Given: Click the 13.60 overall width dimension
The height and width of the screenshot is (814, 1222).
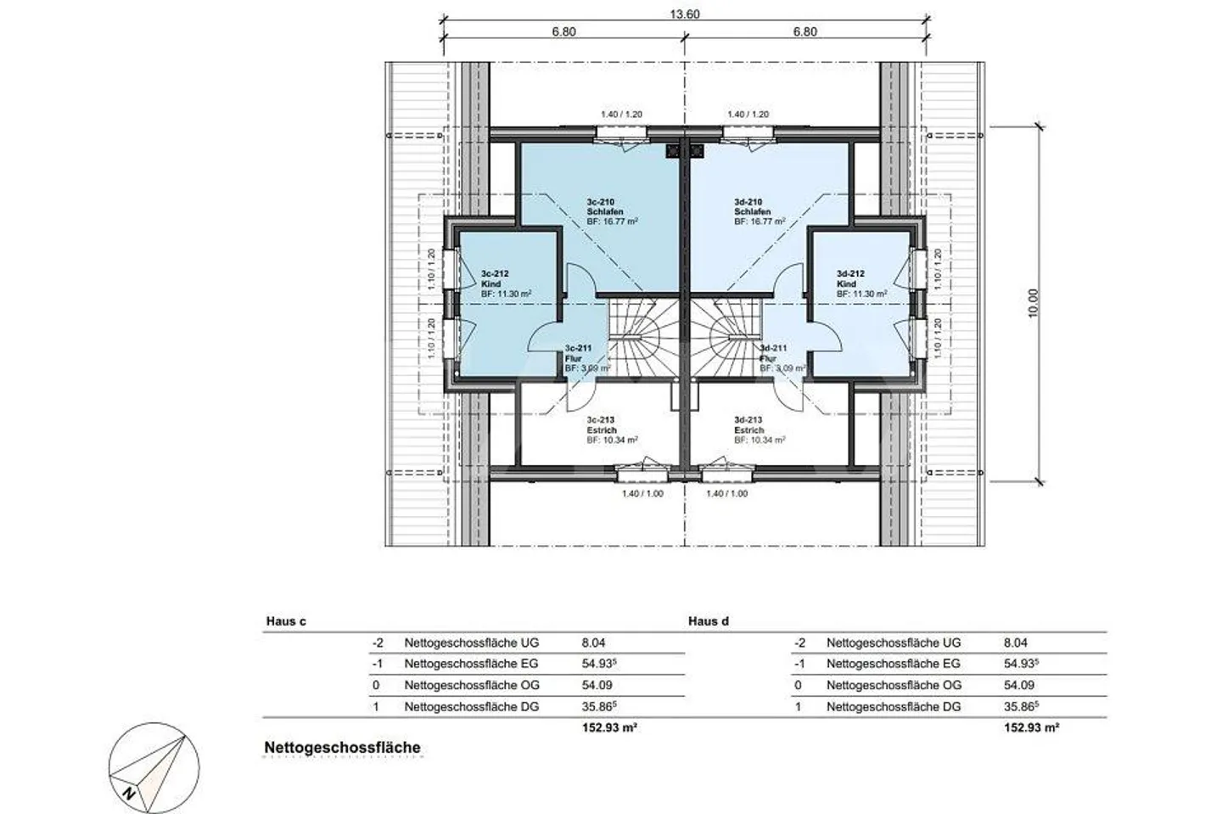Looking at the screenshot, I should [685, 14].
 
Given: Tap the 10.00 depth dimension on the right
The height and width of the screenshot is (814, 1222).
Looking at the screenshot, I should [1033, 303].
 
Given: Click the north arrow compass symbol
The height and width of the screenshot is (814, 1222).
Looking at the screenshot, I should [156, 765].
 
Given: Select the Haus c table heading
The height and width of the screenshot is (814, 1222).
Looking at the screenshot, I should [286, 621].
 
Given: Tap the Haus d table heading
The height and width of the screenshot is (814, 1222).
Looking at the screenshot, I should [709, 621].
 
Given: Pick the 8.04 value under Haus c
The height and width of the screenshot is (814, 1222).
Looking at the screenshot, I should [593, 643].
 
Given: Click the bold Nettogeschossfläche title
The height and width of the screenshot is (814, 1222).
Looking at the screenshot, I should [342, 748].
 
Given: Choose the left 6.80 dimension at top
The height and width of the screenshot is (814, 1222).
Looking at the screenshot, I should [563, 32].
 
